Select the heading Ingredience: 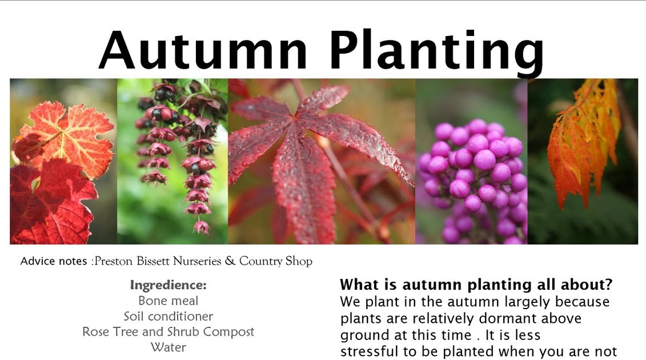(x=168, y=285)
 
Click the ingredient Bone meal (x=168, y=301)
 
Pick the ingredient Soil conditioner (x=168, y=316)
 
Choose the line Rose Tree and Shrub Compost (x=168, y=331)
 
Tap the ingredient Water (x=168, y=347)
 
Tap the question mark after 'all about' (x=609, y=285)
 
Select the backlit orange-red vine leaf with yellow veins (x=67, y=137)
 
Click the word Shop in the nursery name (x=299, y=261)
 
